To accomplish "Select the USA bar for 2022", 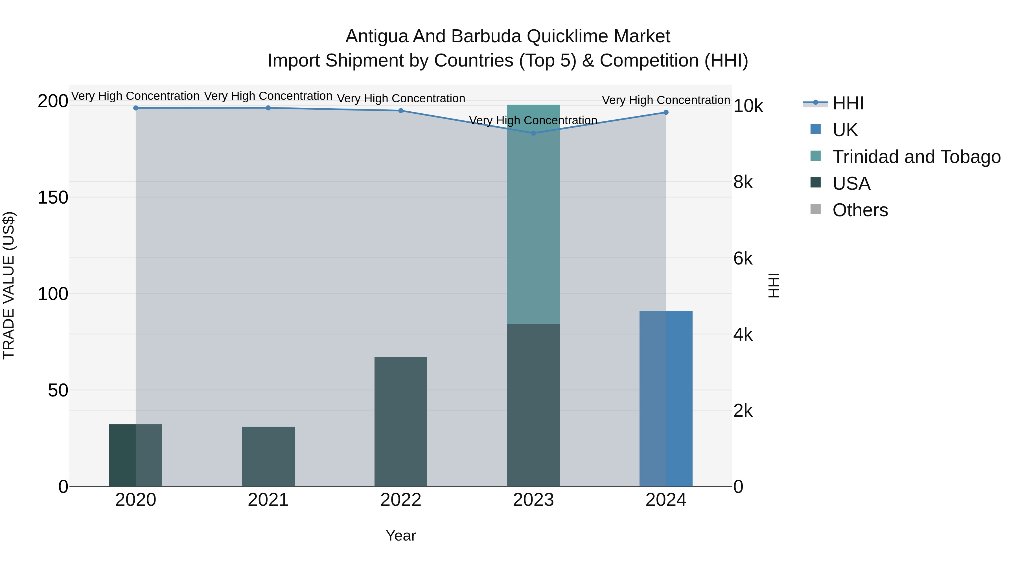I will click(401, 421).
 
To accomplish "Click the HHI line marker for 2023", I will click(533, 133).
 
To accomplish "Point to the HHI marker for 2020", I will click(136, 108).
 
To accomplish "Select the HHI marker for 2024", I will click(666, 112).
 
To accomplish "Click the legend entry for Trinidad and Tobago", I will click(916, 157).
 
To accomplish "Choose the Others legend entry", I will click(860, 210).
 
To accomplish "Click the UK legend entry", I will click(845, 130).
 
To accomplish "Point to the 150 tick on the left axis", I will click(53, 197).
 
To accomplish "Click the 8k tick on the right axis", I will click(743, 182).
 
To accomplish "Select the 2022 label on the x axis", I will click(401, 500).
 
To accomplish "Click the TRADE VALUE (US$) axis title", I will click(9, 285).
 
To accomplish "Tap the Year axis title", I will click(401, 535).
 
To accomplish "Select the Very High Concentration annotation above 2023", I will click(533, 120).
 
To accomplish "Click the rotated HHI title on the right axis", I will click(774, 285).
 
